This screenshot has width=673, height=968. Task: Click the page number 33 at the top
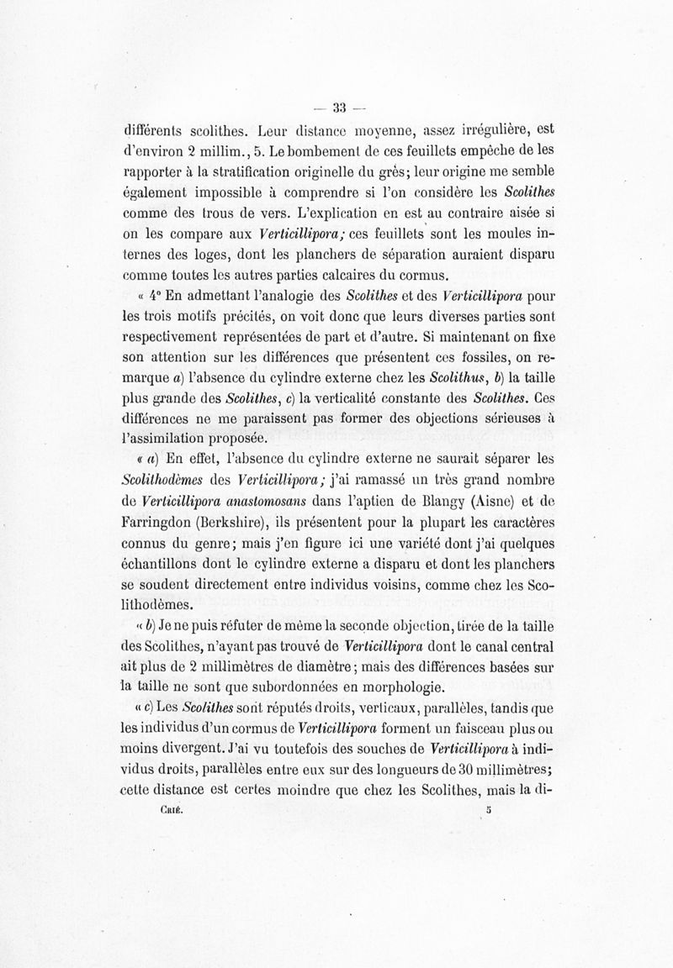(340, 107)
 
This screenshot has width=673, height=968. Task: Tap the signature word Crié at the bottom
(171, 812)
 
